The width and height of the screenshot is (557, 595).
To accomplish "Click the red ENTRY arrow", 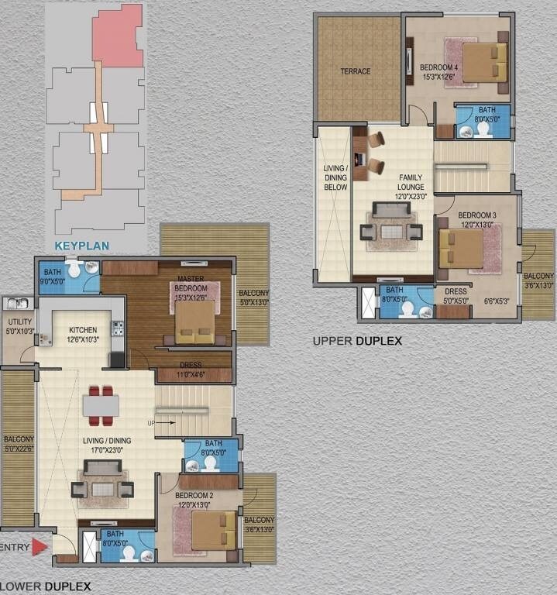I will coord(40,546).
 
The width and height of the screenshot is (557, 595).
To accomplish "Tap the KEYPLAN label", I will coord(81,247).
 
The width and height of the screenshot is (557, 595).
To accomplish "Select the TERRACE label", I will coord(356,71).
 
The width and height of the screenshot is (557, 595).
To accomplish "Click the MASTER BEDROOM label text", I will coord(191,283).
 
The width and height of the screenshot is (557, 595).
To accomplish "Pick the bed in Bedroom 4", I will coord(485,62).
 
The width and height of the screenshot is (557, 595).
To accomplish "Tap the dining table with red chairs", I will coord(101,406).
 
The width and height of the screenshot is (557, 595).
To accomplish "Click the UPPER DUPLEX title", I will coord(356,340).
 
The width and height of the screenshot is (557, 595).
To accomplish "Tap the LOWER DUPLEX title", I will coord(46,586).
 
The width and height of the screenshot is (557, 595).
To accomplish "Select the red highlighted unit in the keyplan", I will coord(117,35).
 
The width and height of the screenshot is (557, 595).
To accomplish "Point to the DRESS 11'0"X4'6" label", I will coord(194,369).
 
